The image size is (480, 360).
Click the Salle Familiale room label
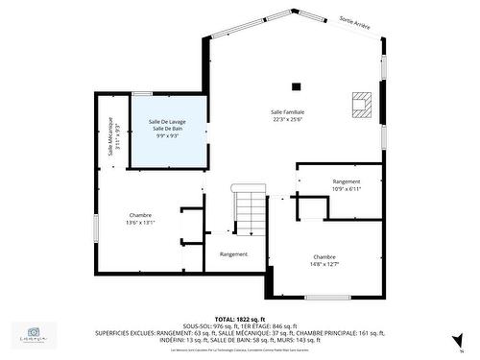point(287,111)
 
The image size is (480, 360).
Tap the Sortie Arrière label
point(355,21)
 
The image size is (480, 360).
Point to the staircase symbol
point(250,212)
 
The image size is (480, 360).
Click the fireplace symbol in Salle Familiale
point(361,104)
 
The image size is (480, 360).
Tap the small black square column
point(297,86)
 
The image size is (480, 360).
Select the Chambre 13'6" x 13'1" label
point(140,218)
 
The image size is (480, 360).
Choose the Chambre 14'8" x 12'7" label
point(324,260)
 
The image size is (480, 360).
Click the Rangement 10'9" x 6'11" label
point(347,184)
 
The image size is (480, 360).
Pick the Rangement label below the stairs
point(233,253)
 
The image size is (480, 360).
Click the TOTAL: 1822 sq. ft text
point(239,319)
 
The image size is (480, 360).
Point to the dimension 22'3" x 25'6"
point(287,120)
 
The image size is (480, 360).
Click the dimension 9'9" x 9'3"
point(168,136)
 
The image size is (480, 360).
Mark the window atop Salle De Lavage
point(142,93)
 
